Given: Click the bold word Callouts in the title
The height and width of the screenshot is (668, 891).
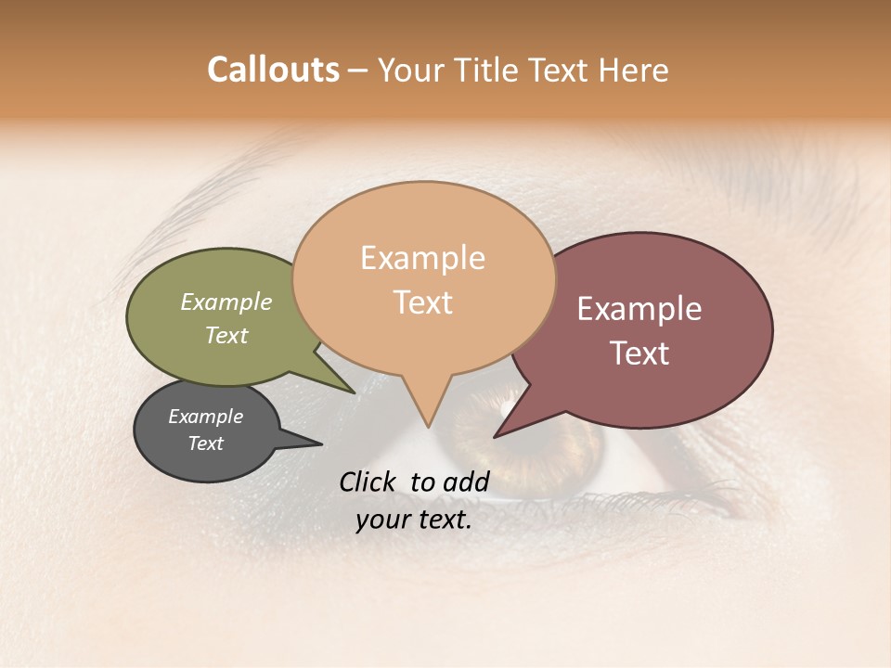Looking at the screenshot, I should tap(273, 70).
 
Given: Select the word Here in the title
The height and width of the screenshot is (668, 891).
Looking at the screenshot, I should tap(630, 71).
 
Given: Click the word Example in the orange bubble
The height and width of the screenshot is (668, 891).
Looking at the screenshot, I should tap(422, 258).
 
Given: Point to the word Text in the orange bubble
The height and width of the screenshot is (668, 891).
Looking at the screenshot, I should tap(423, 302).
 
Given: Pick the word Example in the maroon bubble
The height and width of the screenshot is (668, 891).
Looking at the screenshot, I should tap(639, 309).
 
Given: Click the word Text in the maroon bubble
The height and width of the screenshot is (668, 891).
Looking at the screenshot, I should tap(640, 353).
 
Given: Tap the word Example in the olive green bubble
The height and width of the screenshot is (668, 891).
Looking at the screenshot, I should tap(226, 302).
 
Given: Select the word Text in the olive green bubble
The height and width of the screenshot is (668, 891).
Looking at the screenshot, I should tap(226, 335).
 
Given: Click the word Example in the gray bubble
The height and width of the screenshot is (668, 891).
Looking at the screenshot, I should tap(206, 417).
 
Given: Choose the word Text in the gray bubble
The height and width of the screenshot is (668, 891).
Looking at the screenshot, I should tap(206, 443).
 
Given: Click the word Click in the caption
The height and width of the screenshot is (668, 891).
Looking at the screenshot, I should tap(369, 482).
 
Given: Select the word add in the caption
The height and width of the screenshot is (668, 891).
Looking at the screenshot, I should tap(467, 482).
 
